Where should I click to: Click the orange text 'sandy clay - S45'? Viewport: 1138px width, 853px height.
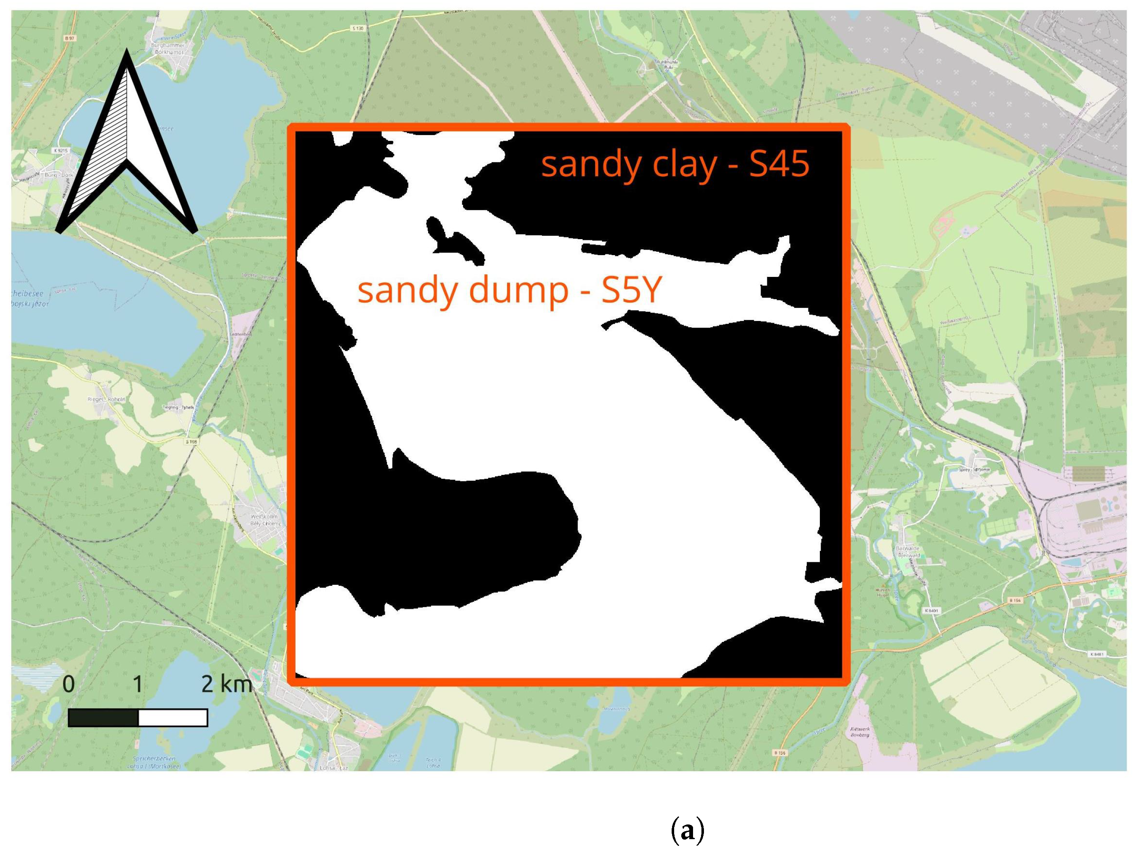point(675,164)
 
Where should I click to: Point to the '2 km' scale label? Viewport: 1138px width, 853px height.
point(226,684)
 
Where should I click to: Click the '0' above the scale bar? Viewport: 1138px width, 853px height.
point(68,684)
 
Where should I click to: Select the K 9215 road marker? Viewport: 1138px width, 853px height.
point(60,151)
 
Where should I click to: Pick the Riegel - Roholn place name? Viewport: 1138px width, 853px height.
point(107,399)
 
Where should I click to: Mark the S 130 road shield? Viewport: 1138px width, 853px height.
point(358,28)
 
